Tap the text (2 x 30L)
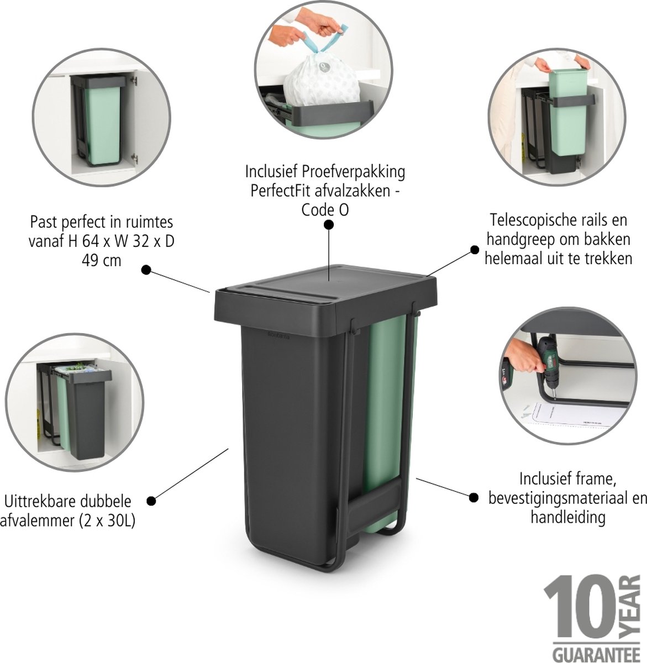click(x=107, y=520)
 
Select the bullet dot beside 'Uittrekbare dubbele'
click(x=151, y=501)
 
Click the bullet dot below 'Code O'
click(x=329, y=224)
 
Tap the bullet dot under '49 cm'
click(x=146, y=270)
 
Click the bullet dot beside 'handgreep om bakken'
click(x=475, y=250)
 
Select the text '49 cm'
click(x=102, y=261)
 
